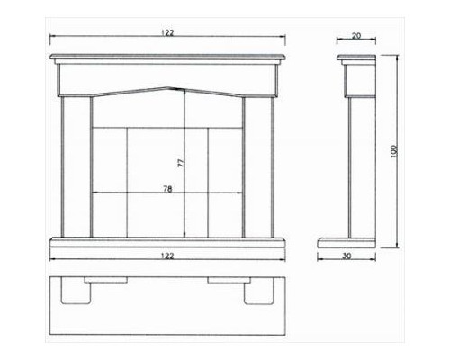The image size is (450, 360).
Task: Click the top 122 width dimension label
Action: pos(167,32)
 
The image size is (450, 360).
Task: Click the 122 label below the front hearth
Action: pos(167,256)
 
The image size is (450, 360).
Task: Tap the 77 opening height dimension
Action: pos(181,163)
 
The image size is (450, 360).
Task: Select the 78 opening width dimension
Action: pos(167,189)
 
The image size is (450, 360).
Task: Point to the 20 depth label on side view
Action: pos(356,36)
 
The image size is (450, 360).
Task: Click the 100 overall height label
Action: pos(394,151)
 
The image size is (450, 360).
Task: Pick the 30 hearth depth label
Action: pos(346,256)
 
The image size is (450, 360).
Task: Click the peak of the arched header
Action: pos(168,87)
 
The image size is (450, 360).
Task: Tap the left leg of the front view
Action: pos(76,166)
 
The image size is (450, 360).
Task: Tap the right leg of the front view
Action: pos(258,166)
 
